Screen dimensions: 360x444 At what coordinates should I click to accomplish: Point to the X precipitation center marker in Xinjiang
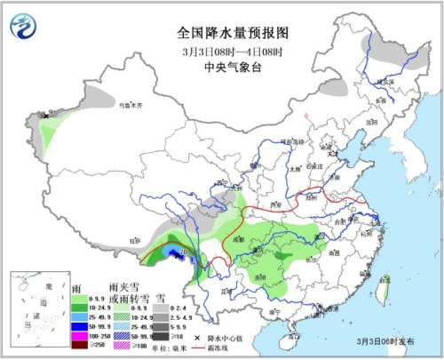[45, 115]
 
